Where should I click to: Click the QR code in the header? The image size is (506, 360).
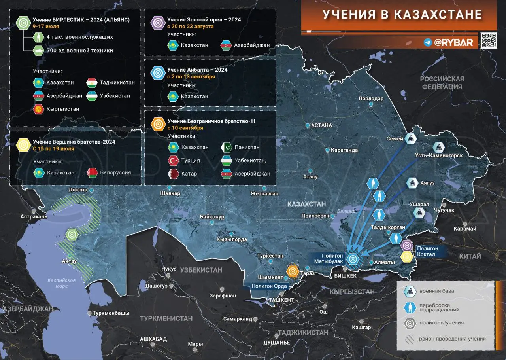click(489, 41)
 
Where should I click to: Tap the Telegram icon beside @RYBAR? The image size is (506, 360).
click(427, 42)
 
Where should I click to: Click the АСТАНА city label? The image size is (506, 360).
click(321, 125)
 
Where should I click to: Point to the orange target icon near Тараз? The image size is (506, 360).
click(293, 271)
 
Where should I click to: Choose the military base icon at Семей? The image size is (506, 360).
click(410, 138)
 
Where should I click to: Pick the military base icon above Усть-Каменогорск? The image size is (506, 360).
click(438, 148)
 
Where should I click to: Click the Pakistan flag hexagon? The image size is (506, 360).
click(227, 147)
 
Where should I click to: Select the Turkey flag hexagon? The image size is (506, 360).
click(173, 161)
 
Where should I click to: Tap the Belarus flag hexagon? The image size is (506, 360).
click(92, 172)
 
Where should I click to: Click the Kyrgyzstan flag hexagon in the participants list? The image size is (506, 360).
click(39, 109)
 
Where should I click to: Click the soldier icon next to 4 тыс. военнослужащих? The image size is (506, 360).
click(39, 37)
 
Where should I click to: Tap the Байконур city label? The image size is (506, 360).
click(212, 217)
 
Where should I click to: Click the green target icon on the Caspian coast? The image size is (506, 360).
click(72, 235)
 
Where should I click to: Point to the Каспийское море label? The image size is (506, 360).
click(62, 283)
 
